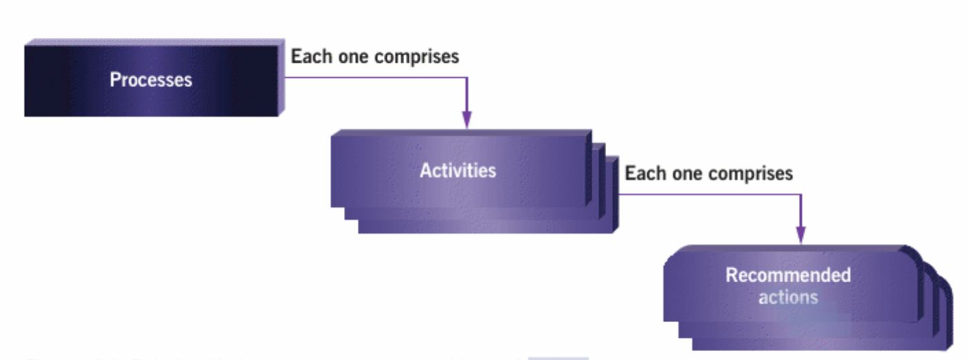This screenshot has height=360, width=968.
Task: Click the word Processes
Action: click(x=151, y=80)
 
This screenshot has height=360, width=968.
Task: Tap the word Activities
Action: click(x=458, y=170)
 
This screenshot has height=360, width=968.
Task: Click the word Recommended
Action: click(x=788, y=275)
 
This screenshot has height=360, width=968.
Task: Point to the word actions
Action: click(x=788, y=297)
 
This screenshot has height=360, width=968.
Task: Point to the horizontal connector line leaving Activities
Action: click(x=710, y=194)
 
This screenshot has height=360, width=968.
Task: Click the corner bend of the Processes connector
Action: click(x=467, y=77)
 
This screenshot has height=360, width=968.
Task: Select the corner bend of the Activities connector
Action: click(x=801, y=194)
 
